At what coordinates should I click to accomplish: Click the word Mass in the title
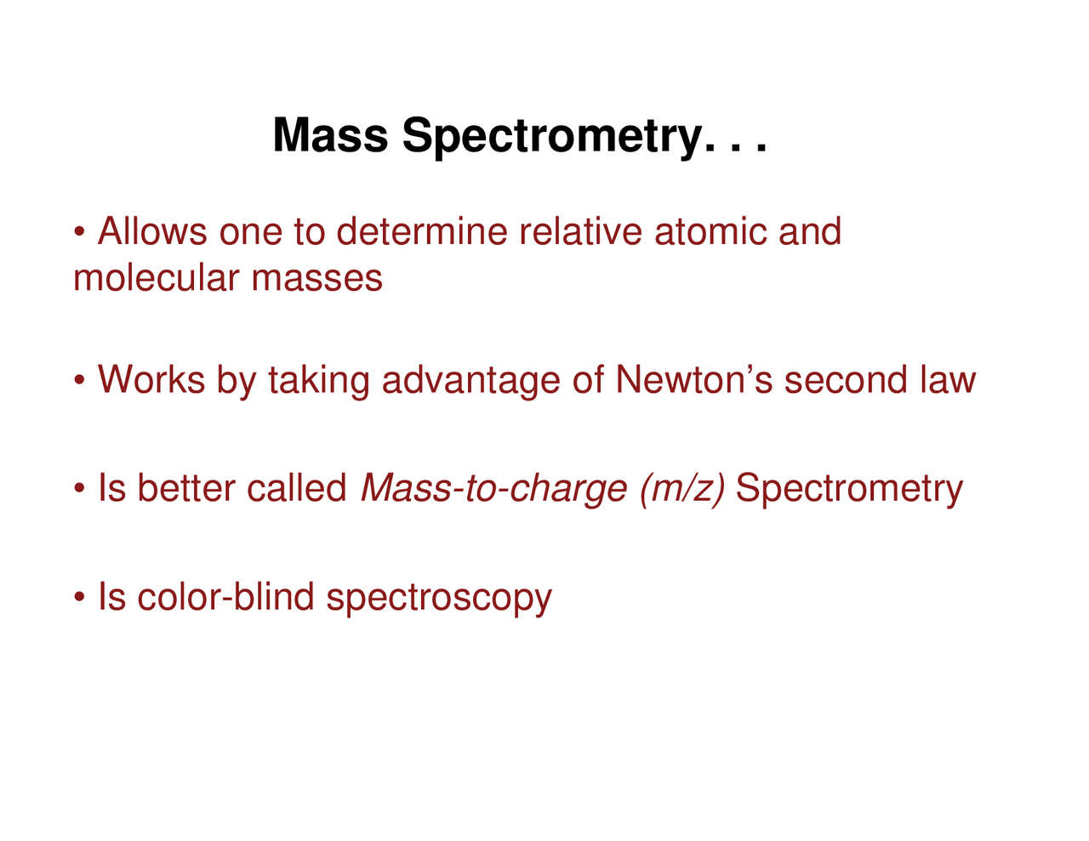pos(330,135)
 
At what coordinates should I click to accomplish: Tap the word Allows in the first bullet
pos(152,231)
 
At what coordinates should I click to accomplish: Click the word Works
pos(151,379)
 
